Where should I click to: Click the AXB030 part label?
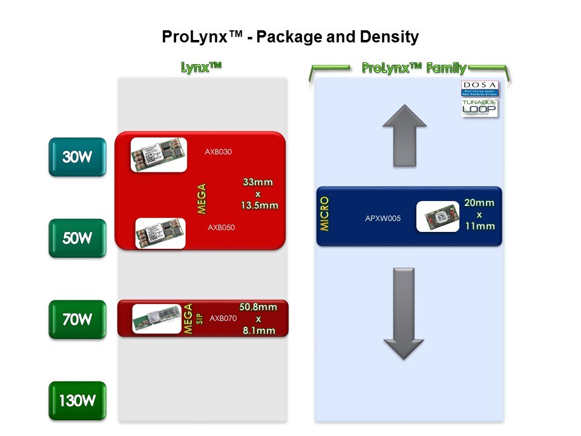(x=218, y=152)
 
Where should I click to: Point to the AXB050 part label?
(x=222, y=228)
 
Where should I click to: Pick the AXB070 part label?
(x=223, y=318)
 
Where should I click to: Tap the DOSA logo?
(x=479, y=88)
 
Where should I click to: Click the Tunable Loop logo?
(x=479, y=108)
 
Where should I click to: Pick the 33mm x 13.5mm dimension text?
(x=260, y=193)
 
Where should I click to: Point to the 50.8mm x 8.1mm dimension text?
(x=258, y=319)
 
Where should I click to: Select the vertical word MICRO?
(x=325, y=213)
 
